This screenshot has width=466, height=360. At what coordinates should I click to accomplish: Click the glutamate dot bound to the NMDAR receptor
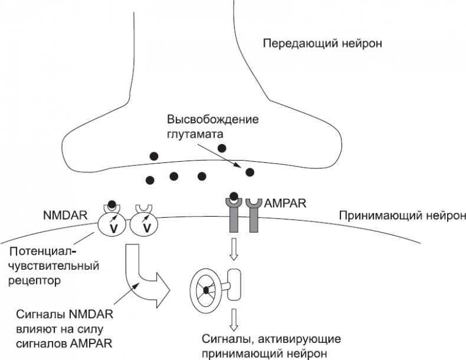[111, 203]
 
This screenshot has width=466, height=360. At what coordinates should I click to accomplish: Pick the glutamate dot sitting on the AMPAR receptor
[234, 195]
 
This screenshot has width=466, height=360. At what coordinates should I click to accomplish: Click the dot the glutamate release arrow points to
[250, 172]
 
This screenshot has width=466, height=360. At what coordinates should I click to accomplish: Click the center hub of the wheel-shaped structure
[206, 290]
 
